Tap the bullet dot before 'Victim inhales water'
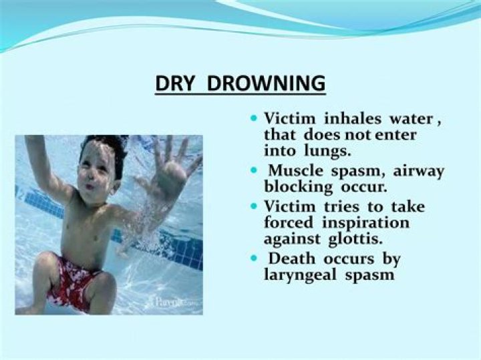[253, 118]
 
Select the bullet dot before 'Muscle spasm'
[253, 170]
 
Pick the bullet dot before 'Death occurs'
[253, 257]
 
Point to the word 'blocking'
[296, 187]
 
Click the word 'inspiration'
[367, 222]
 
